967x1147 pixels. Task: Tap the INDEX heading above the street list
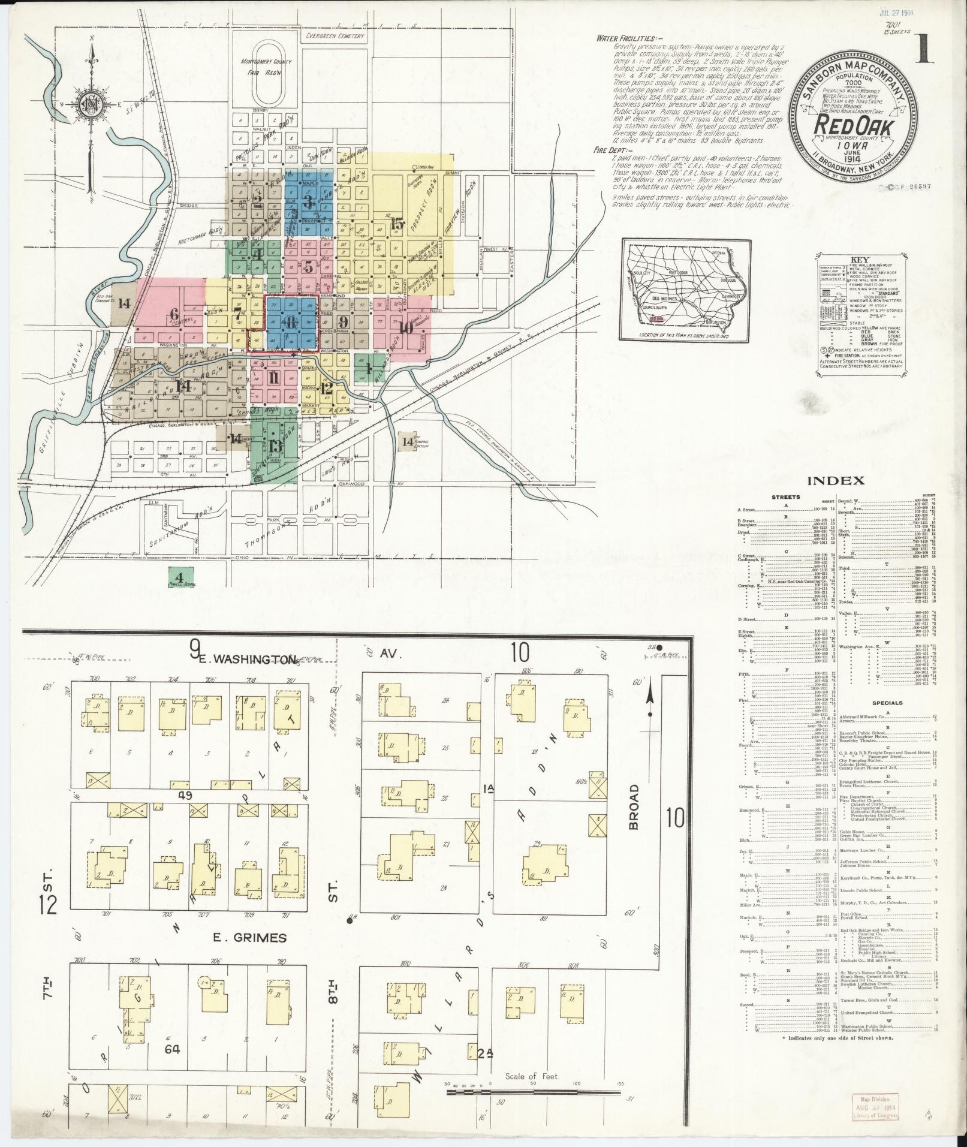point(835,480)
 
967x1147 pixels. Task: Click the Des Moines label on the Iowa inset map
point(666,303)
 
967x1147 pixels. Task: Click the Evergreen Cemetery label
point(335,36)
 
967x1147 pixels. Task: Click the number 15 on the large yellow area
point(396,224)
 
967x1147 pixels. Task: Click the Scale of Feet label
point(532,1076)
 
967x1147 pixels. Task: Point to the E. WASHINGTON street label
point(246,660)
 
